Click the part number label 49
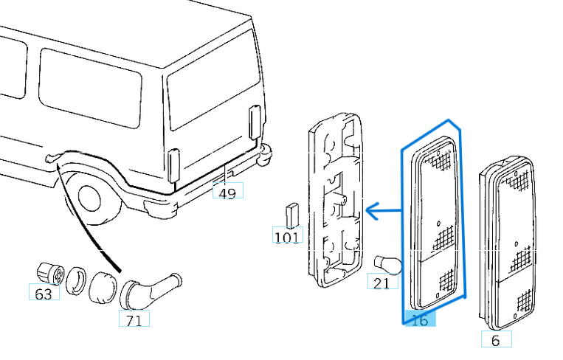(x=227, y=193)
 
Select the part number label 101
(x=286, y=238)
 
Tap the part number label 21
(x=381, y=282)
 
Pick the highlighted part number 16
(x=419, y=320)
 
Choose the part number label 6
(x=495, y=340)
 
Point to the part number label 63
(x=44, y=294)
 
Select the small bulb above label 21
(x=387, y=263)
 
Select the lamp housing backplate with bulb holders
(x=336, y=199)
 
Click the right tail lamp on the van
(x=255, y=121)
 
